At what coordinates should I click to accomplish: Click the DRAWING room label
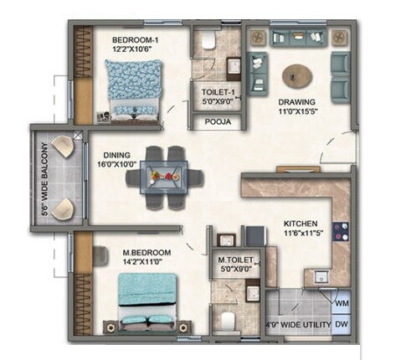coord(298,103)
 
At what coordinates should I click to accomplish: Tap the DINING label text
coord(117,155)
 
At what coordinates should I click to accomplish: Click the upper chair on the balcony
coord(61,150)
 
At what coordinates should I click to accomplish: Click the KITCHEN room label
coord(300,224)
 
